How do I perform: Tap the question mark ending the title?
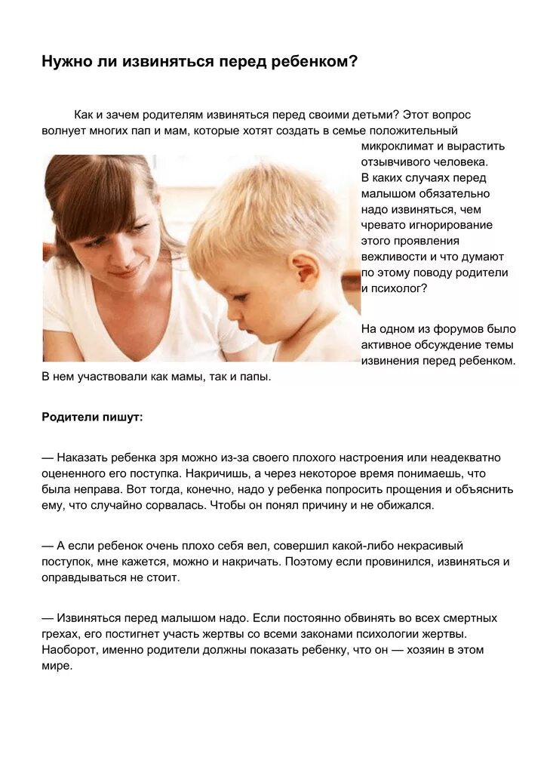coord(352,62)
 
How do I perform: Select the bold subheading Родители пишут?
coord(92,417)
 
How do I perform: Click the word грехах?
coord(60,634)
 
